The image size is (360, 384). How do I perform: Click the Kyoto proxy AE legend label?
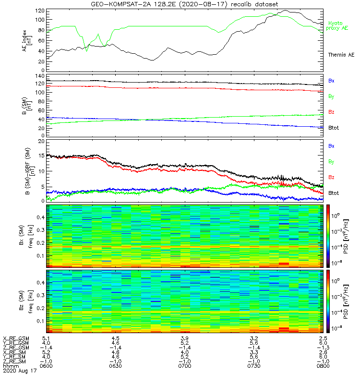coord(338,26)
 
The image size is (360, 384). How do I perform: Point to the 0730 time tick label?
coord(254,366)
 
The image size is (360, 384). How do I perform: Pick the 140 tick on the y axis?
coord(40,76)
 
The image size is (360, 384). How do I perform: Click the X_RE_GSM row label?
coord(16,338)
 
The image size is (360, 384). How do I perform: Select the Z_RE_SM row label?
coord(15,361)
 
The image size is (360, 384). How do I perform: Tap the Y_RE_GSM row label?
coord(16,343)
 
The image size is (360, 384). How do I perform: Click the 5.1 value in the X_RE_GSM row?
coord(46,338)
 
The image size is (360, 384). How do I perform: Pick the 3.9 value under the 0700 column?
coord(185,338)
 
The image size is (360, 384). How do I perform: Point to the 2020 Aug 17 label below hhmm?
coord(19,371)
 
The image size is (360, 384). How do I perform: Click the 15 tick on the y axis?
coord(41,156)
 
